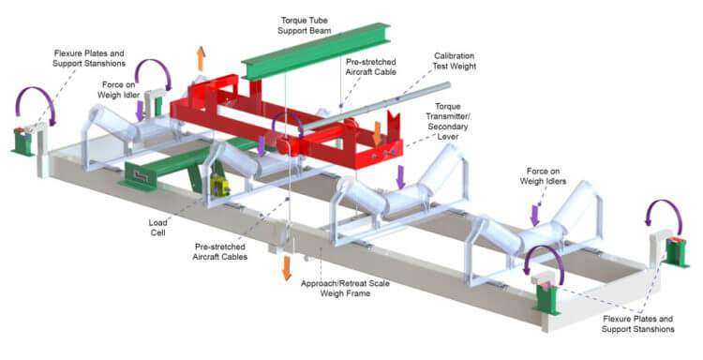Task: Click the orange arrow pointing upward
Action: (200, 59)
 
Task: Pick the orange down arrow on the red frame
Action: (377, 133)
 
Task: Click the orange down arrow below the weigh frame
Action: (286, 267)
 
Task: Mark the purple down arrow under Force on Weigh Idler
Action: (141, 112)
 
